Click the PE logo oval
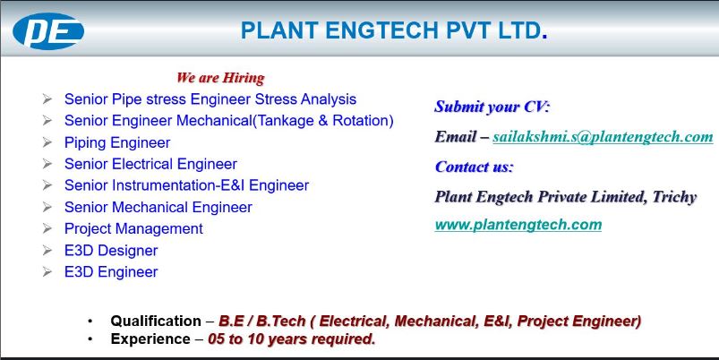coord(48,31)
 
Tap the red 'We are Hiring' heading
coord(220,78)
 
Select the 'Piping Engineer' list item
coord(117,142)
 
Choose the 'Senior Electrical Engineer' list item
coord(150,164)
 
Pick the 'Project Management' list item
coord(133,228)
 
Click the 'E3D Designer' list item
coord(111,251)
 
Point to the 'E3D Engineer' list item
coord(111,272)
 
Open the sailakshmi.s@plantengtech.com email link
coord(603,137)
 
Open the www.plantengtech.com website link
coord(518,225)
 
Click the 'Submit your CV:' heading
coord(492,107)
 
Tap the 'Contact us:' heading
coord(475,167)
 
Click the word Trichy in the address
coord(674,197)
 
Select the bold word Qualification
coord(156,321)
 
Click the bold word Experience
coord(150,339)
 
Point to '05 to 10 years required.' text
coord(291,339)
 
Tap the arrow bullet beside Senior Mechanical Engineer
coord(47,207)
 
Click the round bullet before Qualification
coord(90,321)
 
